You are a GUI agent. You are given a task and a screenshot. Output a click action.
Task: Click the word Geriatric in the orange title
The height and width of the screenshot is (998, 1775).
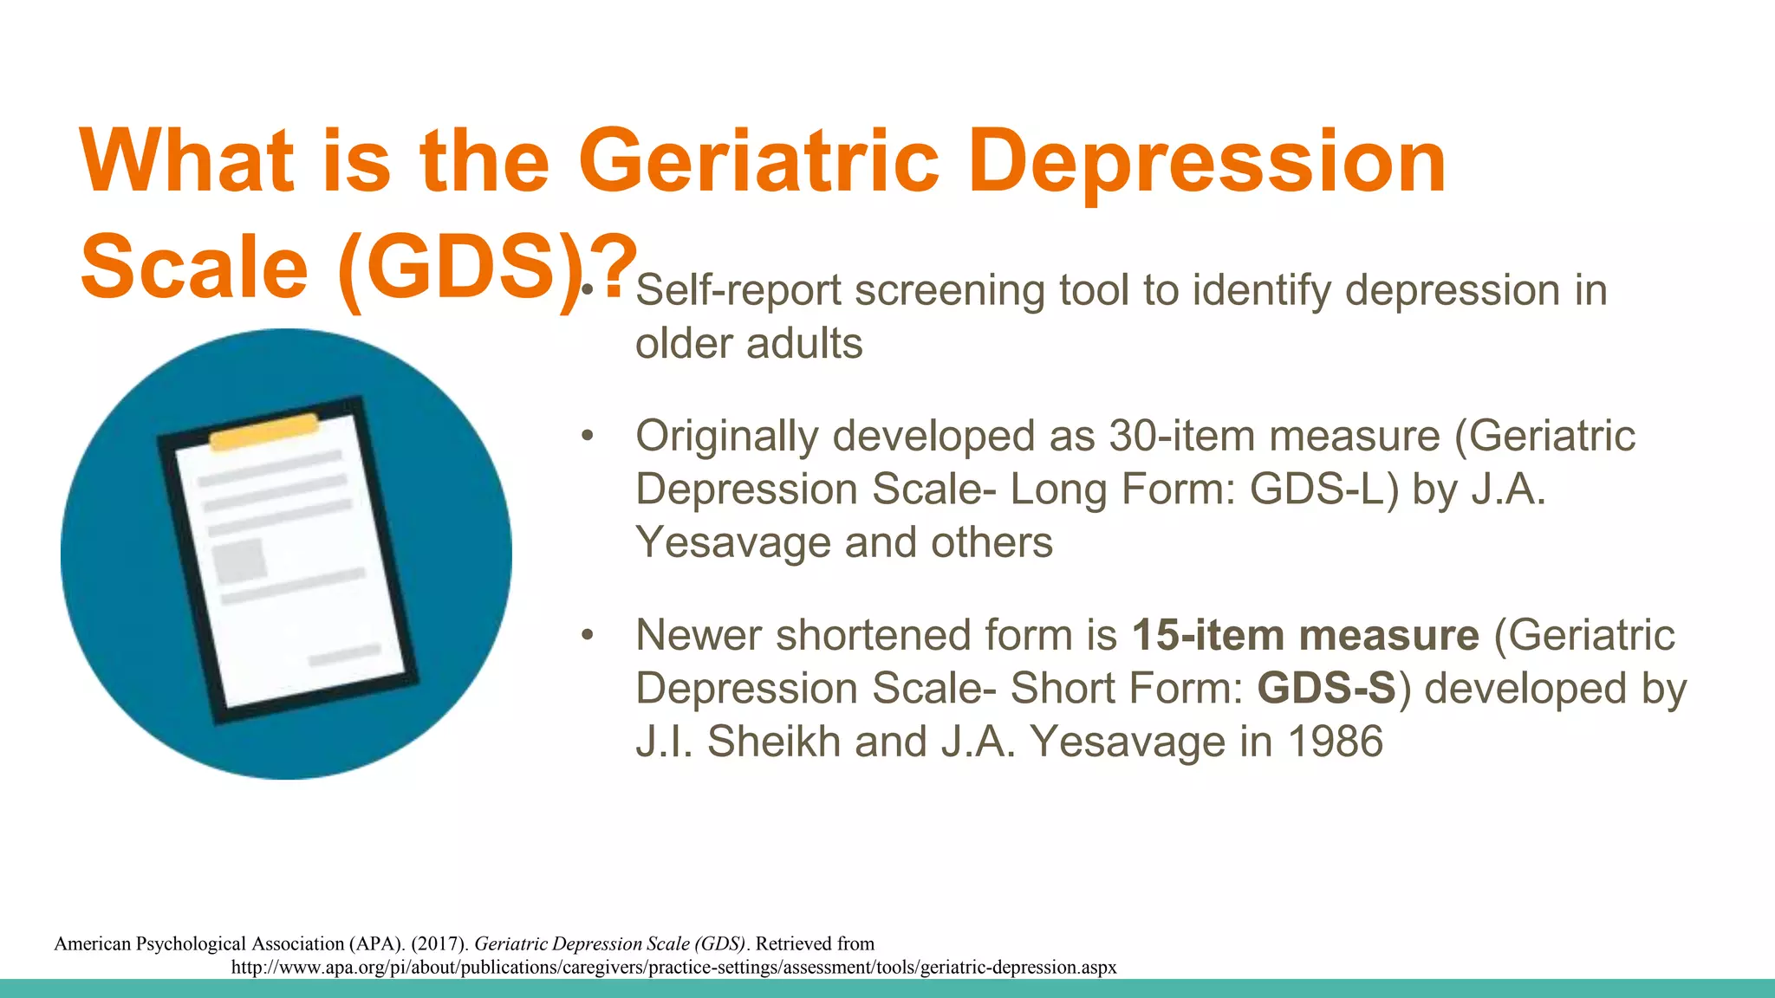tap(759, 161)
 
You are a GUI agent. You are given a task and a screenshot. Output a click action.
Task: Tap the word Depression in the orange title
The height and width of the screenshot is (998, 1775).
tap(1206, 161)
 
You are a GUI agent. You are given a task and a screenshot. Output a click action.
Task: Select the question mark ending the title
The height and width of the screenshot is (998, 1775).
tap(617, 265)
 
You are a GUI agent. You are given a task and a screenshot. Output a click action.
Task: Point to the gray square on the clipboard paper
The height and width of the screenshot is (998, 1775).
tap(239, 561)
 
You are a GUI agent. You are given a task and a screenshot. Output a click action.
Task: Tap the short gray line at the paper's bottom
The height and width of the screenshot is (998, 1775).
tap(345, 656)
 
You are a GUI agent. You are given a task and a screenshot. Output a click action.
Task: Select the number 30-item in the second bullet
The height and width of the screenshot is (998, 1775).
tap(1181, 436)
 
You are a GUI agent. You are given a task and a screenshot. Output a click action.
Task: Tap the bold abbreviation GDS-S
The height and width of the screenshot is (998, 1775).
tap(1326, 689)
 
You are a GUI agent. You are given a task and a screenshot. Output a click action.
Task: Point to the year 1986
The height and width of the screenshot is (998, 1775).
tap(1335, 742)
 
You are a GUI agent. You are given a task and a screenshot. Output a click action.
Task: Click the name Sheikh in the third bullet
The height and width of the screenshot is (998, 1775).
tap(773, 742)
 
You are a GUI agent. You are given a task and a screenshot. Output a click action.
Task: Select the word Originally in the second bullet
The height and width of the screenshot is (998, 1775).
tap(726, 436)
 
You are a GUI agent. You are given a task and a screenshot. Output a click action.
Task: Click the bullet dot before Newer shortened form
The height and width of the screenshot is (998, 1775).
tap(587, 635)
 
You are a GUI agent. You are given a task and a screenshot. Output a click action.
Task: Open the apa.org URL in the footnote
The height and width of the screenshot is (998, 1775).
tap(673, 967)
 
